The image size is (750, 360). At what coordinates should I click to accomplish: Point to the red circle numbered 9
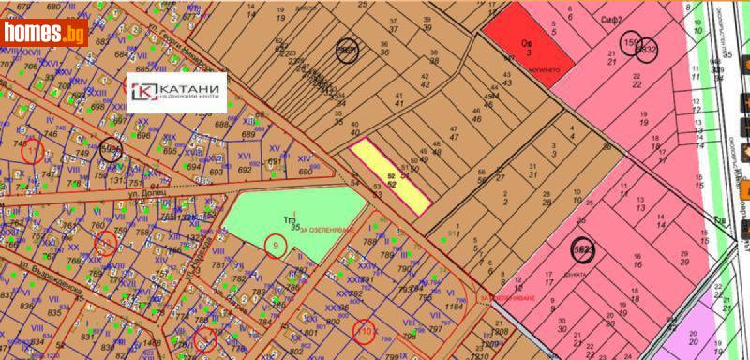tap(275, 245)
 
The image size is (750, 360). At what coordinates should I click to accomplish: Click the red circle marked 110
tap(366, 330)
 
